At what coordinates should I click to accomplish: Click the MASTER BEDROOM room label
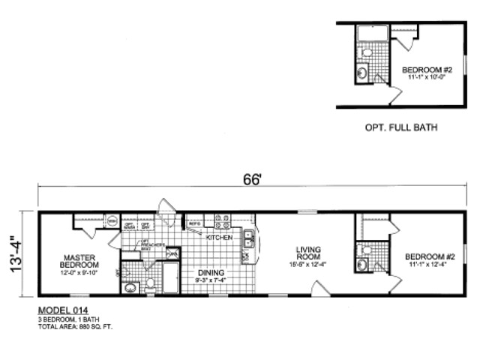[x=79, y=260]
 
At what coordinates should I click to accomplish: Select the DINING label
[x=208, y=273]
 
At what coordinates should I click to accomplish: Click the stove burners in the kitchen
[x=223, y=222]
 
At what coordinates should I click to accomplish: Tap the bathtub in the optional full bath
[x=371, y=33]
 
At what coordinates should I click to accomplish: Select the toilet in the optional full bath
[x=367, y=52]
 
